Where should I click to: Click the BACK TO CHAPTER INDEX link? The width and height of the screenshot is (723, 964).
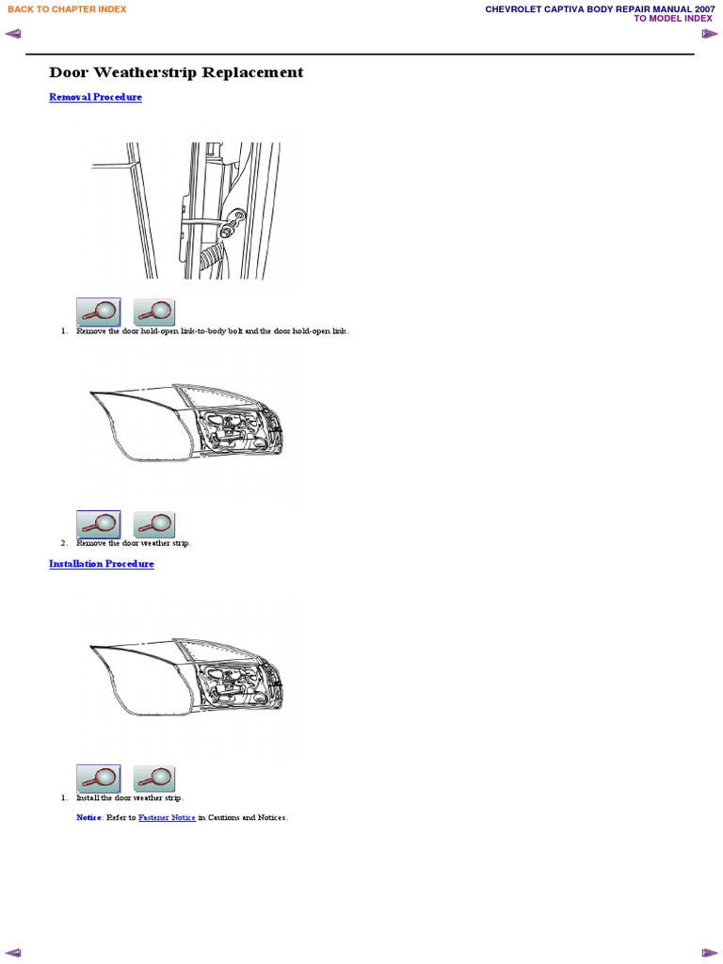[67, 9]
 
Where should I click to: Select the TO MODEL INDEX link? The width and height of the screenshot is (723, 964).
[673, 19]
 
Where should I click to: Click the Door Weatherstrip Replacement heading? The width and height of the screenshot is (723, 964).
[176, 72]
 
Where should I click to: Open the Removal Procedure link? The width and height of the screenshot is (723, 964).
[95, 97]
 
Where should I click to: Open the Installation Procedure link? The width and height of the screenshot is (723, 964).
[101, 564]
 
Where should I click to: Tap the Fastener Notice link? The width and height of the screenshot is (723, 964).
[167, 818]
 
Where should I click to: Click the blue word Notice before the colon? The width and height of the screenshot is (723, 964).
[88, 818]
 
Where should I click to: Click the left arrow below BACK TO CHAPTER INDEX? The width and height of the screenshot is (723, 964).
[12, 35]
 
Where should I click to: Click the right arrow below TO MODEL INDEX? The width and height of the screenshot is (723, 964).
[710, 35]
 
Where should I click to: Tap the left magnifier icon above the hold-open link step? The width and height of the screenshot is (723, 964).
[98, 312]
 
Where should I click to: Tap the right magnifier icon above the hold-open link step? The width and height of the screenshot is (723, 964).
[154, 312]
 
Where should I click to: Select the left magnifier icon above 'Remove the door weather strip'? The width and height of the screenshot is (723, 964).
[98, 524]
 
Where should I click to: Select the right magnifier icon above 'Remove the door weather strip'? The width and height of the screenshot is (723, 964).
[154, 524]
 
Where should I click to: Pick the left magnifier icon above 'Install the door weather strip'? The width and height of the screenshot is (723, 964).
[98, 779]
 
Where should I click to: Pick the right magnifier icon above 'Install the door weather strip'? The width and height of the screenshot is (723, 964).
[154, 779]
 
